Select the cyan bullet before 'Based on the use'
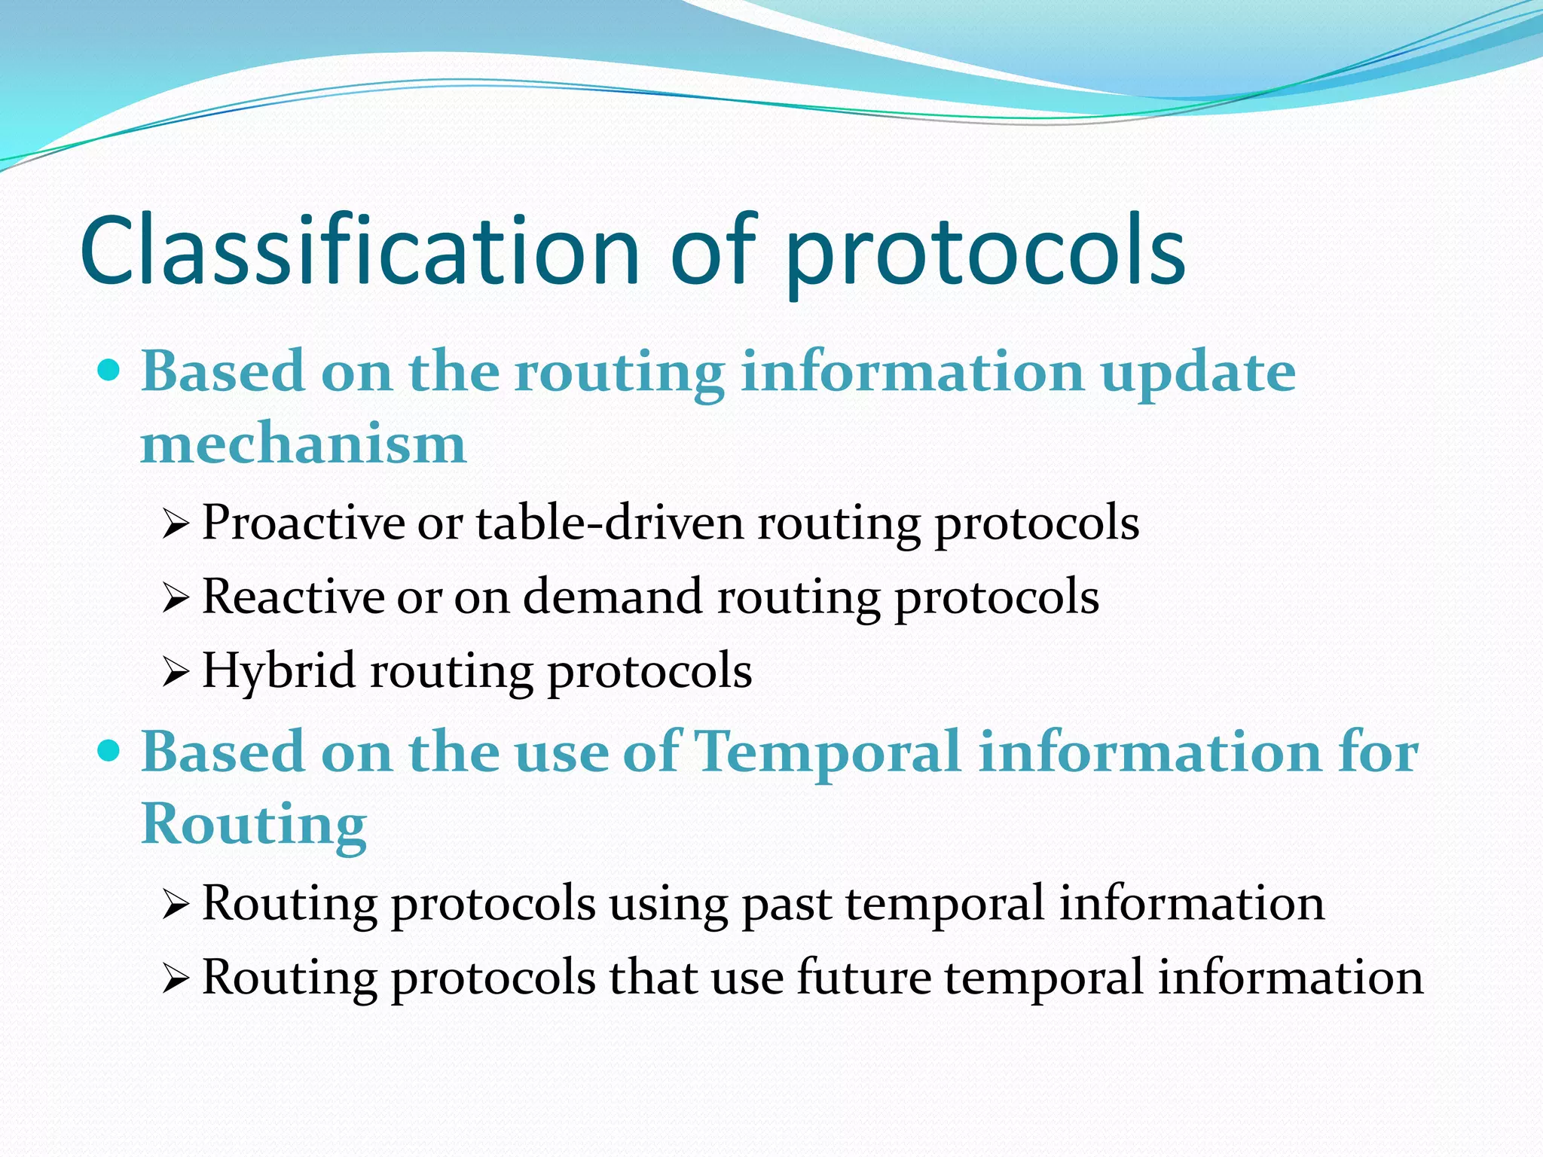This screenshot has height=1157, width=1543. coord(109,750)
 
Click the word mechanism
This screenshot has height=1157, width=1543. coord(304,444)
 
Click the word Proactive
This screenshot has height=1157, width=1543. coord(304,522)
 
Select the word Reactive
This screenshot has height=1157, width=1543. coord(293,597)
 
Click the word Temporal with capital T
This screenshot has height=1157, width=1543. coord(826,753)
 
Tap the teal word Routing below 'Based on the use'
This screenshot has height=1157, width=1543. coord(254,826)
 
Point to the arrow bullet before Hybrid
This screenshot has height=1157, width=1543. coord(174,673)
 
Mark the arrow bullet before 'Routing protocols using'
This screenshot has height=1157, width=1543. coord(174,905)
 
